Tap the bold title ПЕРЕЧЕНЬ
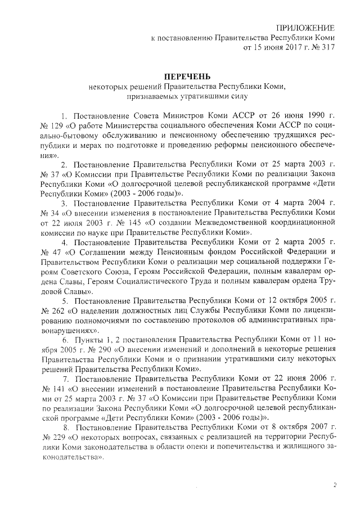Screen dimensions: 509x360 tap(187, 76)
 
